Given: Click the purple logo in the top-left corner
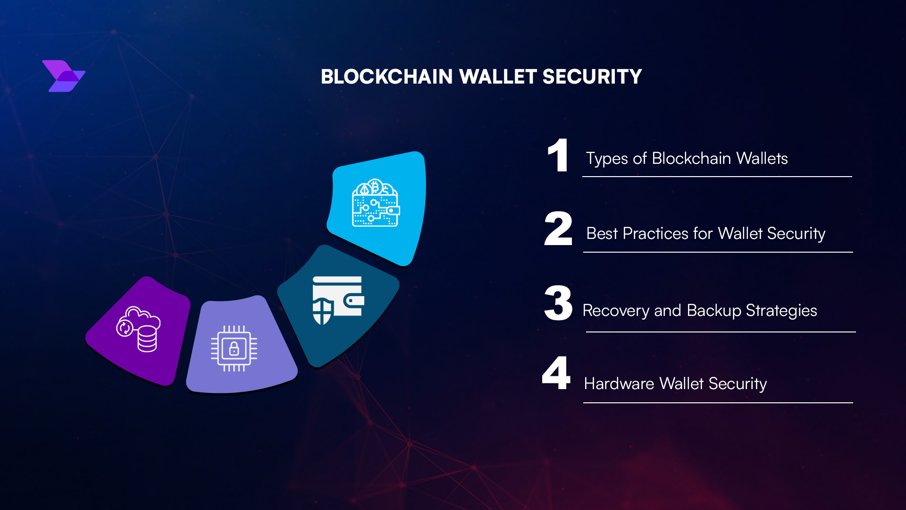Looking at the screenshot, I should tap(64, 76).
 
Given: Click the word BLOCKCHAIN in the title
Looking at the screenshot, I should tap(386, 77).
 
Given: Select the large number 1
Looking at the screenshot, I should tap(558, 155).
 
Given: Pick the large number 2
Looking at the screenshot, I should tap(558, 229).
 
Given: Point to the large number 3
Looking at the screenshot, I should tap(558, 303).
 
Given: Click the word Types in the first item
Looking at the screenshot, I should tap(607, 159).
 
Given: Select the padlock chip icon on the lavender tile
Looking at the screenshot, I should tap(234, 348).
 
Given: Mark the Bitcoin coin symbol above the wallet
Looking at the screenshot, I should tap(376, 187).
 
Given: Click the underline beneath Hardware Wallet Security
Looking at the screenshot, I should tap(718, 403).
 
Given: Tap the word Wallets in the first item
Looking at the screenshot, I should tap(762, 159).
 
